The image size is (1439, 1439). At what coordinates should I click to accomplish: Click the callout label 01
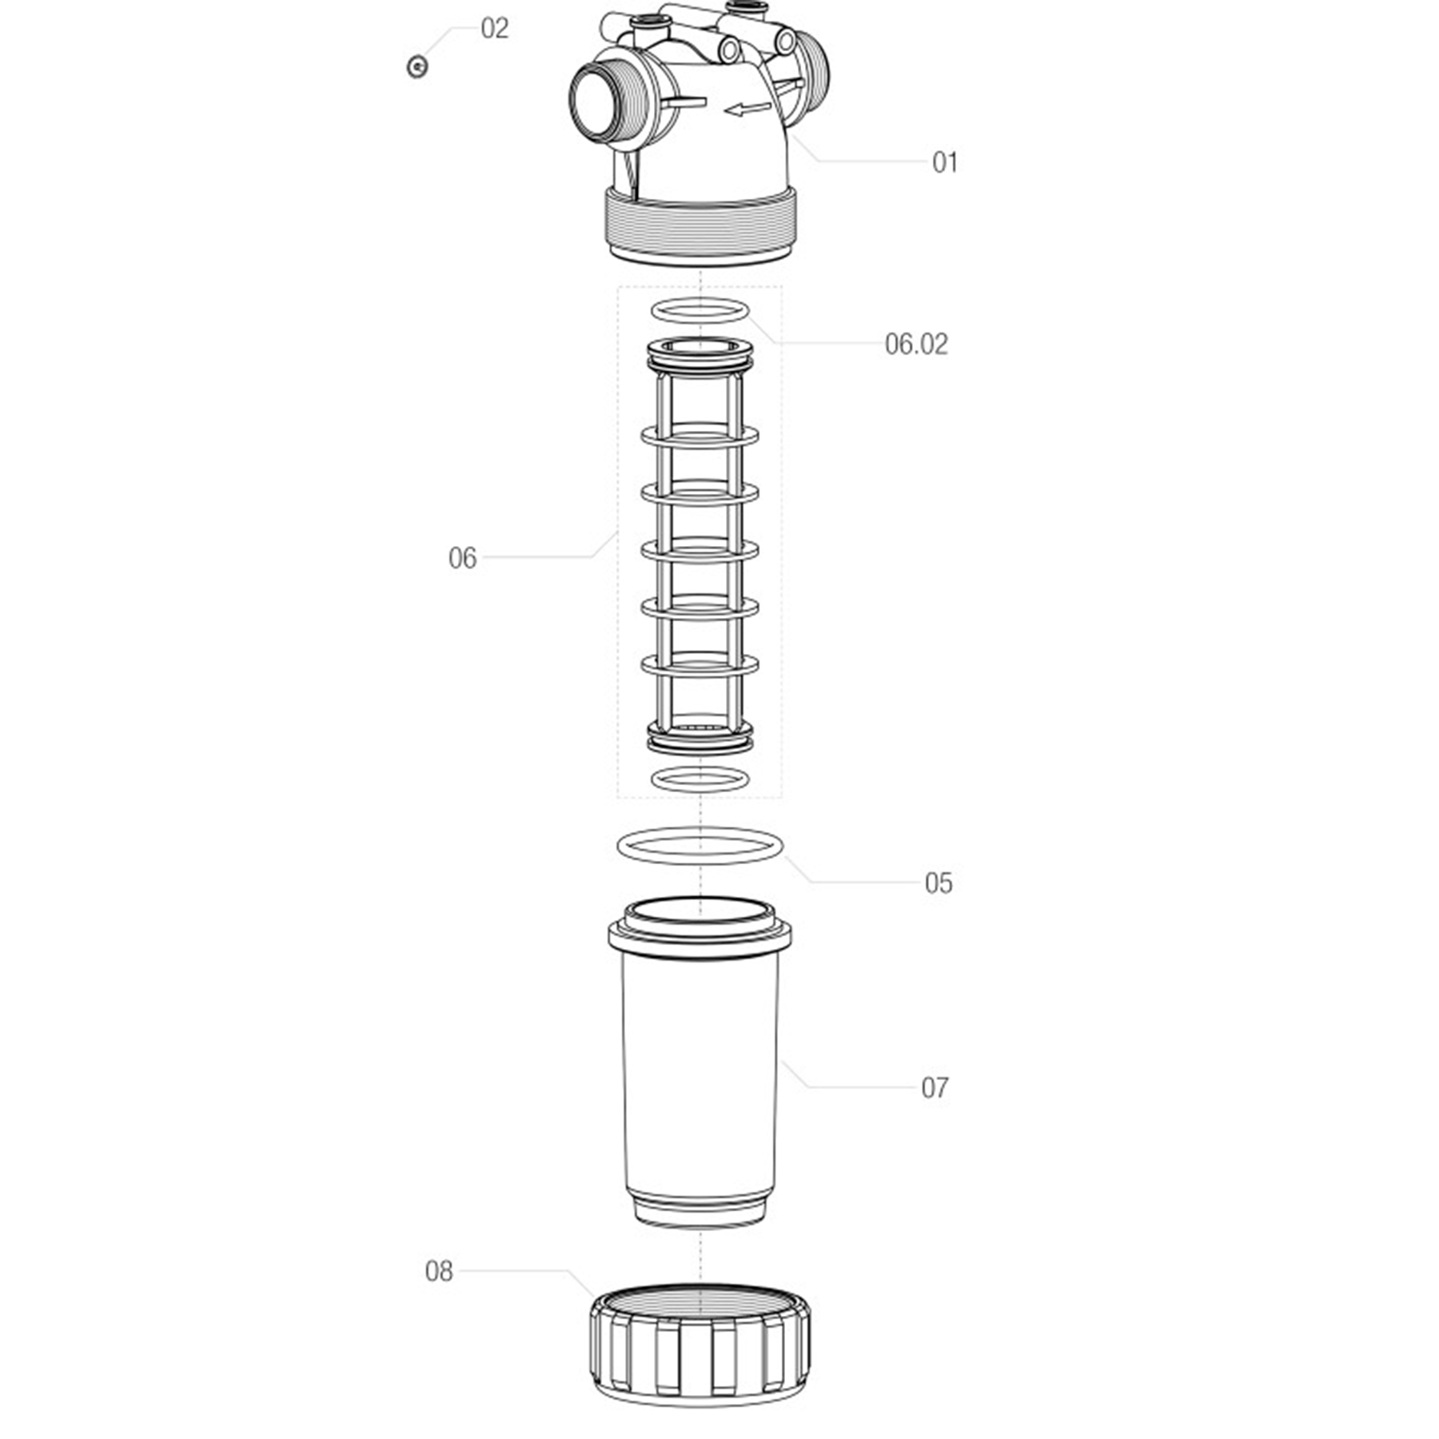[x=944, y=162]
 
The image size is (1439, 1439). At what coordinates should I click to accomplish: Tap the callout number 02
[x=494, y=29]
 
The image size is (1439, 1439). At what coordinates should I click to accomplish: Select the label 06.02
[x=916, y=344]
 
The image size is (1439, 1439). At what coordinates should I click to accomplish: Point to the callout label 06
[x=462, y=558]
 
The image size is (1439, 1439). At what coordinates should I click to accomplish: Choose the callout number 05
[x=939, y=883]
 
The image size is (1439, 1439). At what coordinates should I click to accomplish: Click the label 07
[x=935, y=1087]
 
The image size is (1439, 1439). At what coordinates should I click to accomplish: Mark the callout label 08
[x=439, y=1271]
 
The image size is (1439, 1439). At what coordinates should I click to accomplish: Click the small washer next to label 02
[x=417, y=66]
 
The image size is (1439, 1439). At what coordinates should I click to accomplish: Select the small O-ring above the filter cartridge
[x=700, y=310]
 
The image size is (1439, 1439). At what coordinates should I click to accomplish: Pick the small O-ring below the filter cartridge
[x=700, y=779]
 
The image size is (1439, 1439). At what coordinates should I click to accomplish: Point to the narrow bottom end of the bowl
[x=700, y=1210]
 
